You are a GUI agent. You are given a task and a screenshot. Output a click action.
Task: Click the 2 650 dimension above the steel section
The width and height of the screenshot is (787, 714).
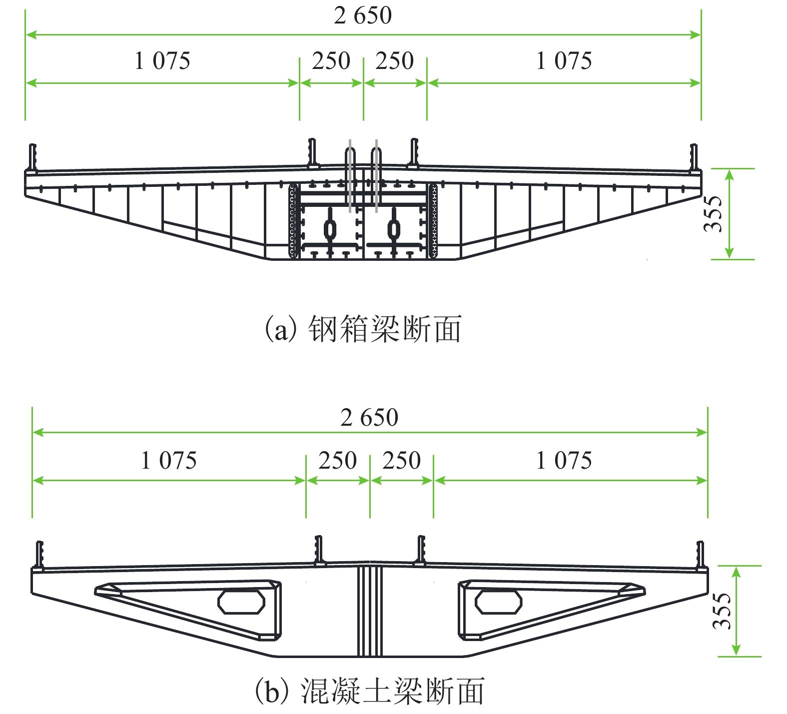363,15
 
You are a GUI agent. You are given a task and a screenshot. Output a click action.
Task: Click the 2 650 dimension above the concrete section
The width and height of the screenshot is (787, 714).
369,418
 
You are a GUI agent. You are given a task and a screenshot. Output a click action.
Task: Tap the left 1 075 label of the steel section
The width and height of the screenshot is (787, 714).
162,61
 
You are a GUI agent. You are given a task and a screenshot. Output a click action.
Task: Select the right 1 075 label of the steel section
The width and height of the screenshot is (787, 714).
564,61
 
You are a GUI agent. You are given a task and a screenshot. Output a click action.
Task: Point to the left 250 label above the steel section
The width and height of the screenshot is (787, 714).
331,61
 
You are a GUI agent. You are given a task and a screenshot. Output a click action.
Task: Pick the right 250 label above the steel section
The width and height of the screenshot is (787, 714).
395,61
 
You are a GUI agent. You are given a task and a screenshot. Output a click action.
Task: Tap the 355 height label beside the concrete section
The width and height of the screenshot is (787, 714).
722,611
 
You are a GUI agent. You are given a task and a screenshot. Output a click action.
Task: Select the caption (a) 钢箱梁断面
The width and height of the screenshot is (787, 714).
363,329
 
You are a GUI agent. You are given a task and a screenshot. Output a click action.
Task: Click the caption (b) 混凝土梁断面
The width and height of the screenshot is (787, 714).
369,691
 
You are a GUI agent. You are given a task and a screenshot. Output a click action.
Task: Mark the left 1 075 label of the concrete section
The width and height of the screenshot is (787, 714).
169,460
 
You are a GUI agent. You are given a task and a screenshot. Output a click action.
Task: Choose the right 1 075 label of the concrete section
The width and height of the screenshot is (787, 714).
564,460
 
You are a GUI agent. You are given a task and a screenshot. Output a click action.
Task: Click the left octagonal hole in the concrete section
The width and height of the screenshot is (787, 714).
241,601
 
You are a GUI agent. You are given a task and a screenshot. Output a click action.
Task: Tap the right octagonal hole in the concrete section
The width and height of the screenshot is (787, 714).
498,601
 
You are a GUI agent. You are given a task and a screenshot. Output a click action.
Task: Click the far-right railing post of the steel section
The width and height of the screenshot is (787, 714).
694,157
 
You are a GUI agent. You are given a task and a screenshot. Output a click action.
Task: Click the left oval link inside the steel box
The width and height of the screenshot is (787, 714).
330,228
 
